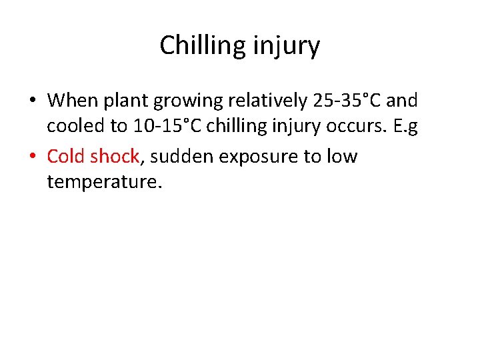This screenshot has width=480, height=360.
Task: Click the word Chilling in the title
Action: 201,46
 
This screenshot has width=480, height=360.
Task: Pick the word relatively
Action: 263,101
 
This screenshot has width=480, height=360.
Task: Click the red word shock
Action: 115,157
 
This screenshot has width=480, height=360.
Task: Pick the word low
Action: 343,157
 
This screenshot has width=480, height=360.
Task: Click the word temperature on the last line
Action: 104,182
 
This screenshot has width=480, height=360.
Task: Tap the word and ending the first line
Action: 402,101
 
